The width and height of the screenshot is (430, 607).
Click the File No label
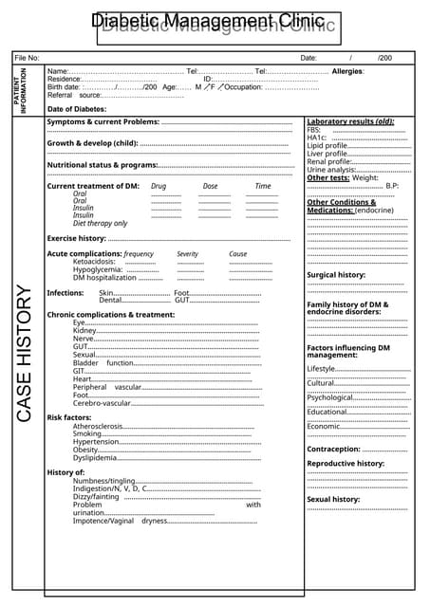coord(28,59)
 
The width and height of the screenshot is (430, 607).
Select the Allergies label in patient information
coord(348,72)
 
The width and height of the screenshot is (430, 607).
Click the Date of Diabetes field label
coord(77,109)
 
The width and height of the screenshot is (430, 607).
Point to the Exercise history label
coord(76,238)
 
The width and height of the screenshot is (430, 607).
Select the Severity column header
coord(188,254)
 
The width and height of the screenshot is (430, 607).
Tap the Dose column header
coord(210,186)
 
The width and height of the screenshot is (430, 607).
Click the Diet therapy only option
coord(100,223)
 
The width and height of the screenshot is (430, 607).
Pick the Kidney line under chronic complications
coord(84,330)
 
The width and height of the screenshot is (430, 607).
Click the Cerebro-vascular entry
coord(102,403)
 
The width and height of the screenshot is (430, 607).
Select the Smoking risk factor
coord(87,433)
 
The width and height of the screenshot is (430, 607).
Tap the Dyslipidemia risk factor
coord(95,457)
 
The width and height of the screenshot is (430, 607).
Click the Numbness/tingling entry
coord(104,481)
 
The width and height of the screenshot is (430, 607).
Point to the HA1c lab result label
coord(317,138)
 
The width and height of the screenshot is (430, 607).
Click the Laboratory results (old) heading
coord(350,121)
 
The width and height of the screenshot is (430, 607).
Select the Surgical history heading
coord(336,275)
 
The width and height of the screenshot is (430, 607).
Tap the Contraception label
coord(333,449)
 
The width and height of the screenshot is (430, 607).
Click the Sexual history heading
coord(333,499)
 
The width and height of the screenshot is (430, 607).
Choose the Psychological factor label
coord(329,397)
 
